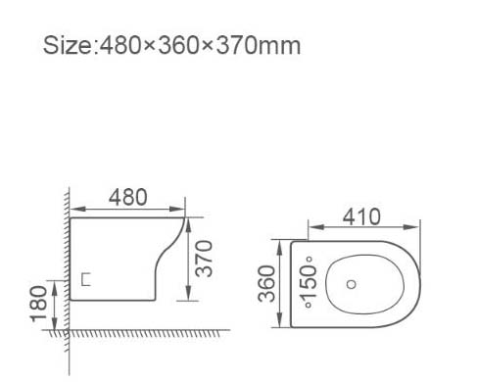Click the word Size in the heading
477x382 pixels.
click(x=68, y=45)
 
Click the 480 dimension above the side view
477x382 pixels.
click(x=128, y=197)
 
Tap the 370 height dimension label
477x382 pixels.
click(x=204, y=259)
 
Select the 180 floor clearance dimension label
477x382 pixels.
click(x=39, y=304)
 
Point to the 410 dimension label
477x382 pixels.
click(x=361, y=216)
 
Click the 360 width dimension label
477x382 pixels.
click(x=266, y=283)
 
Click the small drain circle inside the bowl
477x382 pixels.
click(x=351, y=284)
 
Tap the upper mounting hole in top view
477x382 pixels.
click(x=309, y=260)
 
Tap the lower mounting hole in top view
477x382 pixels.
click(x=309, y=306)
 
